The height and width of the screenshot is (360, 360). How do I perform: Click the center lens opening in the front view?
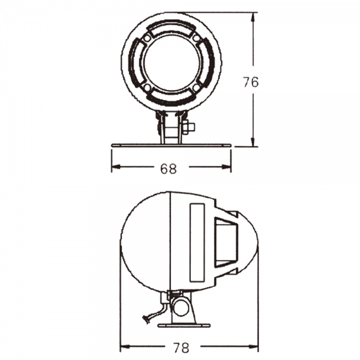[171, 62]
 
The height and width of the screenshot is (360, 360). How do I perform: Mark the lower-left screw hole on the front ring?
[146, 88]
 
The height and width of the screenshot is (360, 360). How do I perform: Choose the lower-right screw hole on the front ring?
[196, 88]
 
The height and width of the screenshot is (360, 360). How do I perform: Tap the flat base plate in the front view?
[171, 145]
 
